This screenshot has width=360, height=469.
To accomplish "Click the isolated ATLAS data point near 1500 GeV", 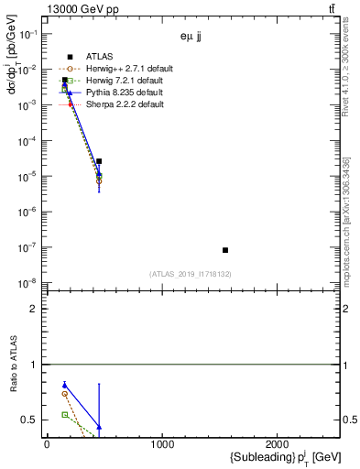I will pyautogui.click(x=224, y=250).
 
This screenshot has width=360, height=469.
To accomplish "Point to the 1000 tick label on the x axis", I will pyautogui.click(x=163, y=444).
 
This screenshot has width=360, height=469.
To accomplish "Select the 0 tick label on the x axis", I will pyautogui.click(x=47, y=444).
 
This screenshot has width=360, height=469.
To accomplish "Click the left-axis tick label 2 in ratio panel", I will pyautogui.click(x=35, y=309).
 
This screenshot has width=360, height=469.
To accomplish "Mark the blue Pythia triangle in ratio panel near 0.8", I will pyautogui.click(x=64, y=385).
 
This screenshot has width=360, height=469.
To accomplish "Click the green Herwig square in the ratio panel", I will pyautogui.click(x=64, y=415).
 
